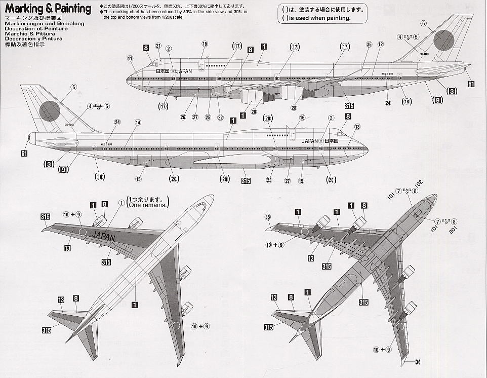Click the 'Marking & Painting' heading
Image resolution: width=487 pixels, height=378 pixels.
tap(48, 9)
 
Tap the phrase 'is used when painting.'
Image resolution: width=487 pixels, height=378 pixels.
tap(319, 18)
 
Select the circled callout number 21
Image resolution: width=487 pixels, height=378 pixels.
tap(158, 47)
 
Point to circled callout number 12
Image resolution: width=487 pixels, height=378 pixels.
tap(380, 45)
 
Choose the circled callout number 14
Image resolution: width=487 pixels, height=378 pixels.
tap(137, 123)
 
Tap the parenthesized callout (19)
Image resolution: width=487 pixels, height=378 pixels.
tap(100, 176)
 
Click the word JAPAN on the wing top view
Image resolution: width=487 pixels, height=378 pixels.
tap(104, 237)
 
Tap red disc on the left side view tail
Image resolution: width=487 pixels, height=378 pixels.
tap(50, 110)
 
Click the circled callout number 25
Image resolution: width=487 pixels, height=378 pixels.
tap(208, 118)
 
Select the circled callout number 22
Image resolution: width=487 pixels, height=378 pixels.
tap(220, 118)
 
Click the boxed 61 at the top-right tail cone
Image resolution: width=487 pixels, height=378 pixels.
tap(471, 84)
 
